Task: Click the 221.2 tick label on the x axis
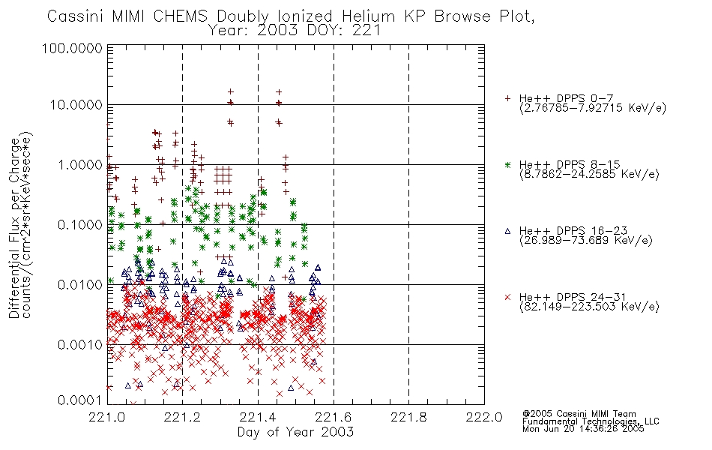(x=182, y=417)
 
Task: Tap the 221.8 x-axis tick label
(x=408, y=417)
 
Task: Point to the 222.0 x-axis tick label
(x=484, y=417)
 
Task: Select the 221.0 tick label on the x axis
(x=106, y=417)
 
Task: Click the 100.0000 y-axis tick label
(x=72, y=48)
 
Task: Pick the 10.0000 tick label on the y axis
(x=76, y=105)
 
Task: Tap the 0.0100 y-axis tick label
(x=80, y=285)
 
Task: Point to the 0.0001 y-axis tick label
(x=80, y=400)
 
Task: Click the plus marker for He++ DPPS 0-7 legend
(x=507, y=98)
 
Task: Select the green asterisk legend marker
(x=507, y=164)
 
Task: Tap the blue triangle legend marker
(x=507, y=231)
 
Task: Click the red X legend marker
(x=507, y=297)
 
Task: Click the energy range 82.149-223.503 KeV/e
(x=589, y=307)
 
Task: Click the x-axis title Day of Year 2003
(x=295, y=432)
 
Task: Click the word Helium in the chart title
(x=368, y=16)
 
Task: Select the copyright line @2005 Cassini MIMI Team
(x=579, y=414)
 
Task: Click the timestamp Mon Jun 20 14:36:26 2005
(x=583, y=429)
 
